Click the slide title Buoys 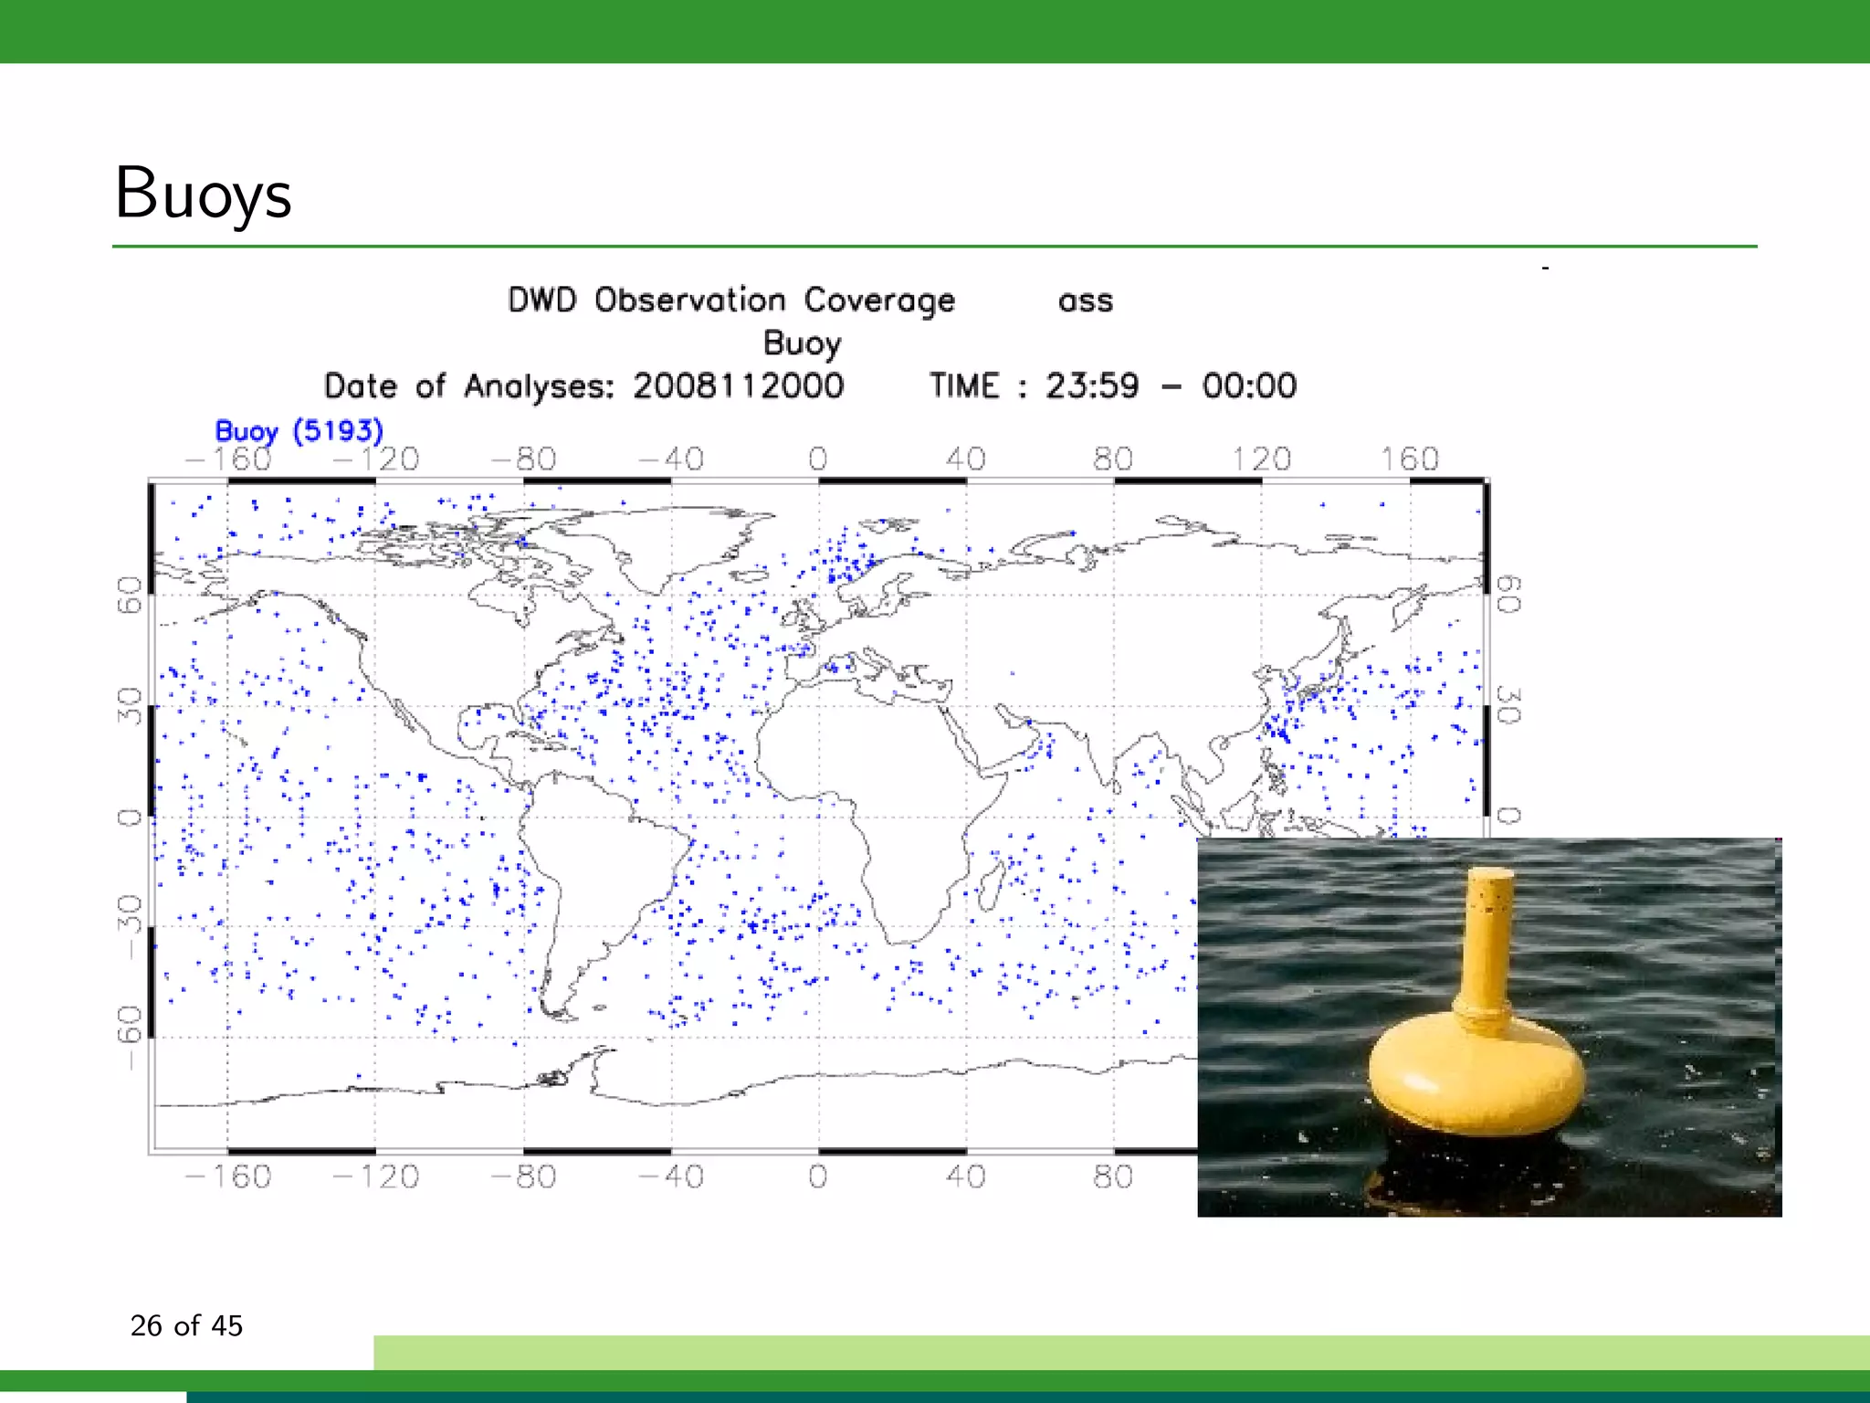pos(203,195)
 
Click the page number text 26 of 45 pos(186,1325)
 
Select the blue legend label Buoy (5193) pos(299,431)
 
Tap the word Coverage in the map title pos(878,301)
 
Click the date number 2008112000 pos(738,385)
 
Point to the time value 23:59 pos(1092,385)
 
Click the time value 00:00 pos(1248,385)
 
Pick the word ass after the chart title pos(1085,301)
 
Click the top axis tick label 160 pos(1409,459)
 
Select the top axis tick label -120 pos(375,459)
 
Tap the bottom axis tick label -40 pos(671,1176)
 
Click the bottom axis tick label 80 pos(1112,1176)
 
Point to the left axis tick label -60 pos(131,1036)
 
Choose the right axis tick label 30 pos(1508,705)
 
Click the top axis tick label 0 pos(817,459)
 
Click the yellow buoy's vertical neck pos(1487,941)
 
